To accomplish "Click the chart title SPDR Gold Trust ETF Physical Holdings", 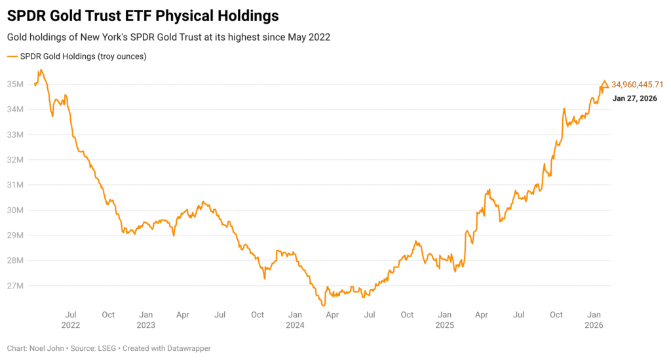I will (143, 15).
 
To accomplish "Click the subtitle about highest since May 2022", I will (168, 37).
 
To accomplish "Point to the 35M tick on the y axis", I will (16, 85).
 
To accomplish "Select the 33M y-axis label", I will (16, 135).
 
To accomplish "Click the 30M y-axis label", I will (16, 210).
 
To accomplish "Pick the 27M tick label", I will (16, 286).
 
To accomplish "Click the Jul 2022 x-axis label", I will (71, 319).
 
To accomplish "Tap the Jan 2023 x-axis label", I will (146, 319).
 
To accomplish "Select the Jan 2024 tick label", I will (296, 319).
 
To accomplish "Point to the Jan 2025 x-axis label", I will (445, 319).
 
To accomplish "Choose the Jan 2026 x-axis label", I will (595, 319).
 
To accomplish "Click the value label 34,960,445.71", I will (638, 85).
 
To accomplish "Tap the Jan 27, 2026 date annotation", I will (634, 98).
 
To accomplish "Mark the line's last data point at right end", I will (608, 86).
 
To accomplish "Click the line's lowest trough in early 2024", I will (323, 306).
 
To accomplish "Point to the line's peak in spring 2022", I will (41, 70).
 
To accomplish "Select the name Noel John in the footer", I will (47, 348).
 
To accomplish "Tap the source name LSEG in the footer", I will (107, 348).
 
